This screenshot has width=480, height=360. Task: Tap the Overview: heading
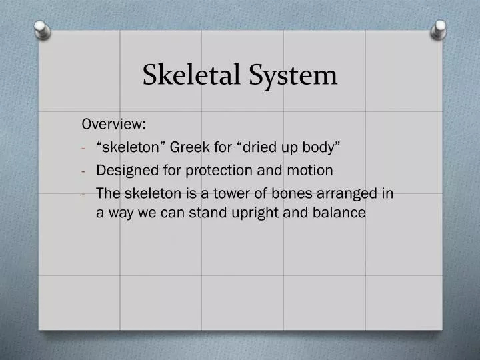[115, 125]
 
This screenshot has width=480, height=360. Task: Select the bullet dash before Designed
[85, 171]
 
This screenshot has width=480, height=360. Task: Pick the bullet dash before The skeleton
[85, 194]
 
